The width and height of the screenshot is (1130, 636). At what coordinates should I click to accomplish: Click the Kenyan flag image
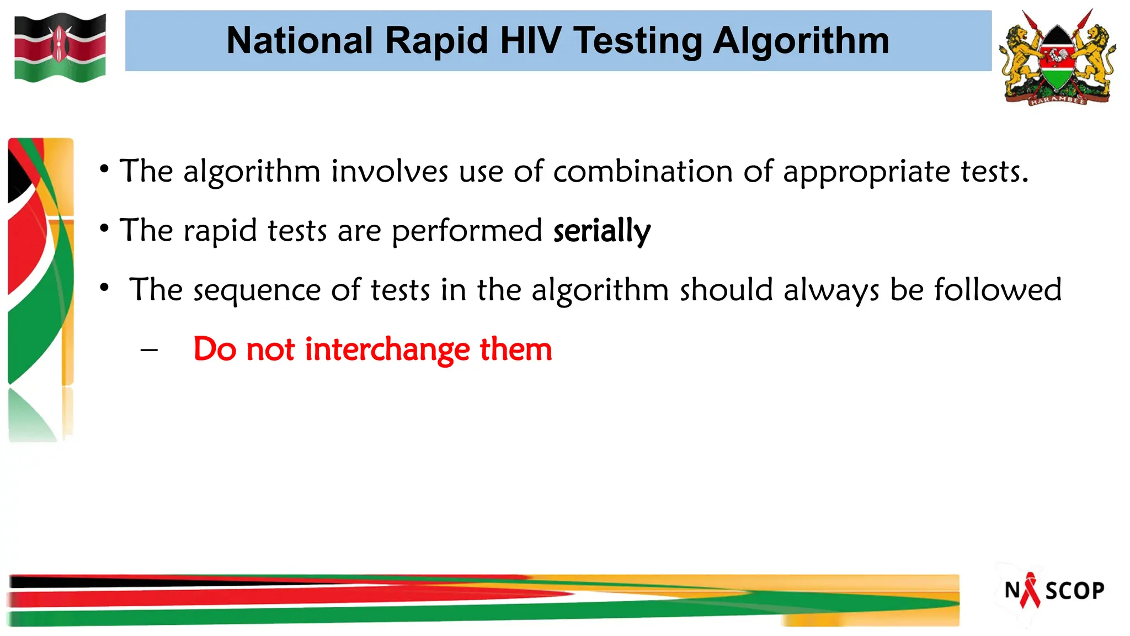(x=60, y=47)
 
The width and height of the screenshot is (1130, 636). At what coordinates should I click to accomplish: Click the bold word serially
(x=601, y=231)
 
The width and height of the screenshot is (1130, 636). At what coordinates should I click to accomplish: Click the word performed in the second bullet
(x=467, y=231)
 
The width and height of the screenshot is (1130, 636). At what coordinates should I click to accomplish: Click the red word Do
(x=215, y=349)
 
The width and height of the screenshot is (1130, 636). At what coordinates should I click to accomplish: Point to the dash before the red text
(x=149, y=350)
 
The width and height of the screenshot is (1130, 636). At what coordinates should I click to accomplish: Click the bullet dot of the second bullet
(x=104, y=227)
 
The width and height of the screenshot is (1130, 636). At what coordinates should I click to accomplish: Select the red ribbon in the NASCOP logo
(x=1030, y=590)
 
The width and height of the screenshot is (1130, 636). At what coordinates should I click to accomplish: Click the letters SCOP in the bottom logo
(x=1075, y=591)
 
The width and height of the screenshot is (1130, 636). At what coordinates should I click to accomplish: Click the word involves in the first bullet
(x=389, y=171)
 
